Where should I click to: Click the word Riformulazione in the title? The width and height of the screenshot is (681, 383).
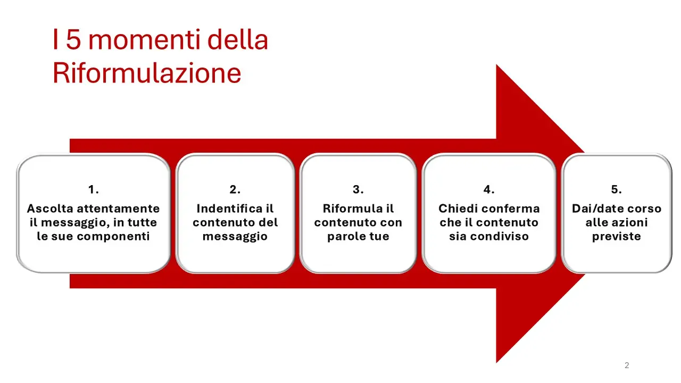click(147, 73)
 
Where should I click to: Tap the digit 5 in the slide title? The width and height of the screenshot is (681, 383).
click(73, 40)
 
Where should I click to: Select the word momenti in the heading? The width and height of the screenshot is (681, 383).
click(144, 40)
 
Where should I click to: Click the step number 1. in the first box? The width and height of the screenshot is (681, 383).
click(94, 190)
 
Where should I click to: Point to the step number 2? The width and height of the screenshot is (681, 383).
click(235, 190)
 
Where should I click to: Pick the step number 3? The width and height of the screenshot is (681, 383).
click(358, 190)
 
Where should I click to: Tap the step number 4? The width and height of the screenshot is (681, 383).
click(489, 190)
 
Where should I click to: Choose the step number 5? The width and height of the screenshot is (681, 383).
click(616, 190)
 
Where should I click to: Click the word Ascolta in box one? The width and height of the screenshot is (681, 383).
click(50, 209)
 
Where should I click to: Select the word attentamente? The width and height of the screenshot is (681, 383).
click(119, 209)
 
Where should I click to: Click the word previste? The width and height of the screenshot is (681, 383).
click(617, 237)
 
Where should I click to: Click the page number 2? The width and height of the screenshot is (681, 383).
click(627, 365)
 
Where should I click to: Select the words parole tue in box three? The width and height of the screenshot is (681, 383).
click(358, 237)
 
